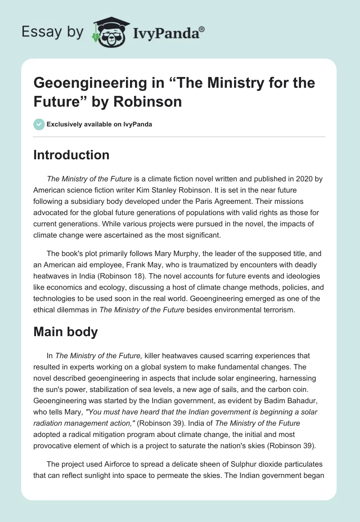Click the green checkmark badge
click(39, 124)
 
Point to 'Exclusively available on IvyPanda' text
click(99, 124)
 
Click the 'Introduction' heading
click(72, 155)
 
